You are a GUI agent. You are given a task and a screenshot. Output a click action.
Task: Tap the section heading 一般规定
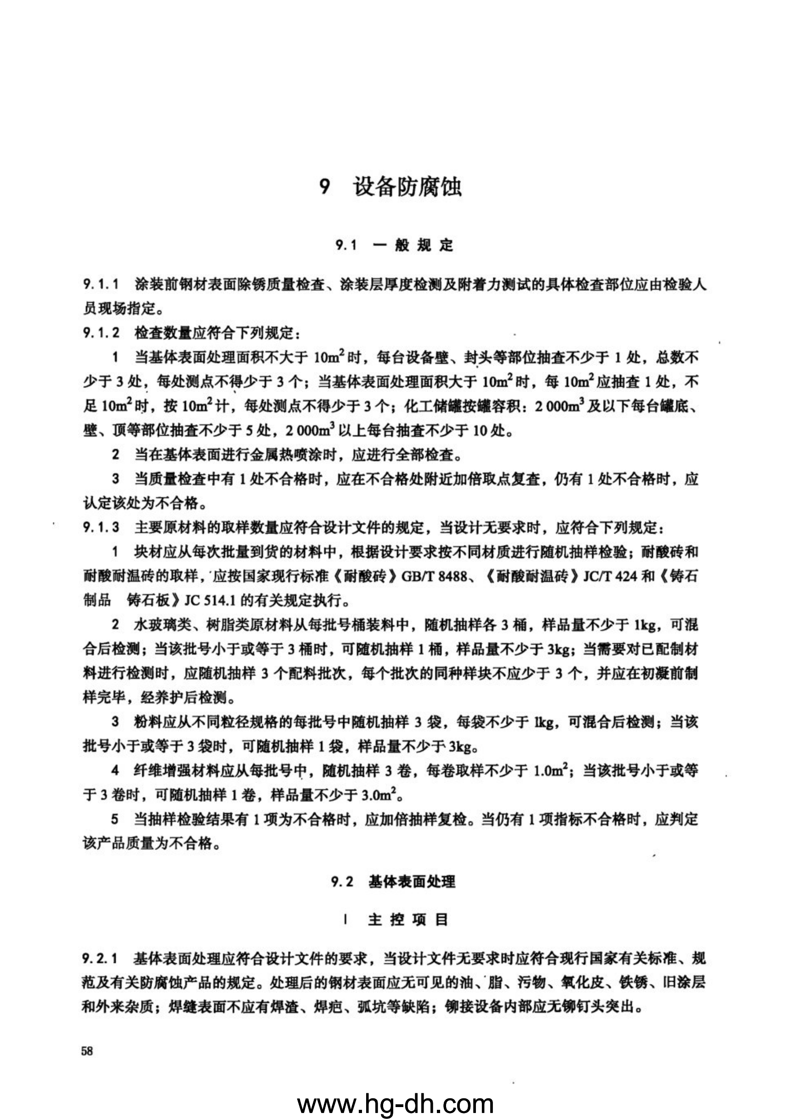pyautogui.click(x=413, y=245)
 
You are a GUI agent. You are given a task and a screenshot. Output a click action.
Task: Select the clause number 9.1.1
pyautogui.click(x=101, y=285)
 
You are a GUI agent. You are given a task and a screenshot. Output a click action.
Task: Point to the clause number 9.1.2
pyautogui.click(x=101, y=333)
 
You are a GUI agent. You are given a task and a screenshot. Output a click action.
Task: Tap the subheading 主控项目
pyautogui.click(x=407, y=920)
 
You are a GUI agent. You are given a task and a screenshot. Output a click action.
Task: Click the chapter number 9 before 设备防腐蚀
pyautogui.click(x=325, y=187)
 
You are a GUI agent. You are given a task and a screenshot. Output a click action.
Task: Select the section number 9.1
pyautogui.click(x=346, y=245)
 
